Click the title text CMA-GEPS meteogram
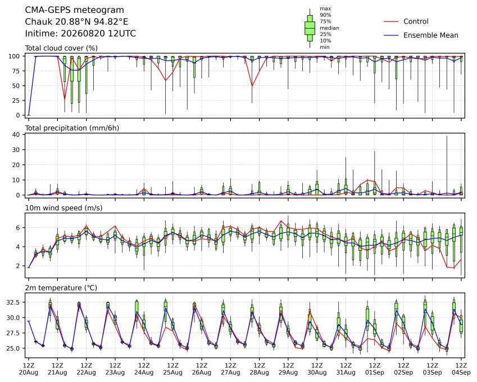coord(75,10)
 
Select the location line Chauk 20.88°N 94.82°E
coord(76,22)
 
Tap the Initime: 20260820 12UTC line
coord(80,34)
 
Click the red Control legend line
coord(391,21)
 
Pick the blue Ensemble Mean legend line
coord(391,35)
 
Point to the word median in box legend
coord(329,28)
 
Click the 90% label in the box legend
coord(325,15)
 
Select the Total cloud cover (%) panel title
coord(61,48)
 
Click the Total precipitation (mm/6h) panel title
coord(72,128)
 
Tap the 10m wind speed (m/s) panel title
coord(63,208)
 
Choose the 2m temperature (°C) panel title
coord(61,288)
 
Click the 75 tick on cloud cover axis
coord(16,71)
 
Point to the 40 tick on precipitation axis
coord(16,135)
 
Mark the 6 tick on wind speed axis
coord(18,228)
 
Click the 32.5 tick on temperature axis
coord(13,302)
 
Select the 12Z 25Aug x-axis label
coord(173,369)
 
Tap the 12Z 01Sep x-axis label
coord(375,369)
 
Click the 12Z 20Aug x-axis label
coord(29,369)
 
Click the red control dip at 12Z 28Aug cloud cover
coord(252,86)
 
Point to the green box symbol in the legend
coord(310,28)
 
